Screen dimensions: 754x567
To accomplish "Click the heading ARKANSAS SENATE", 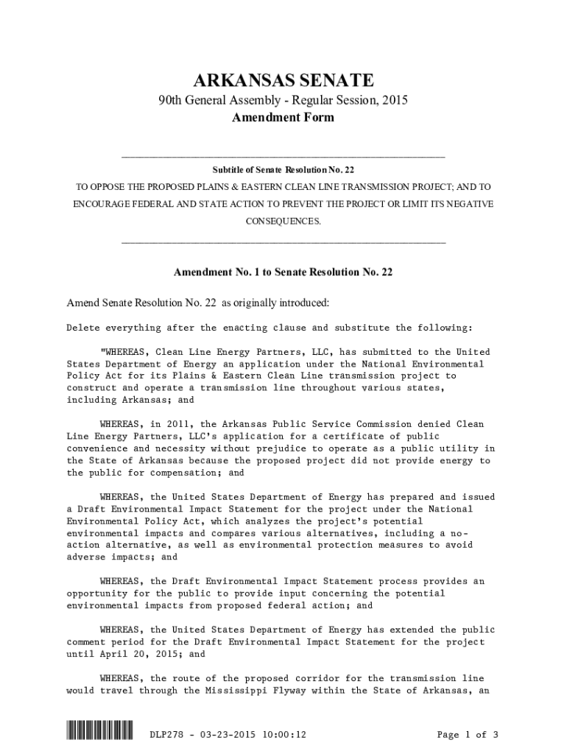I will (283, 80).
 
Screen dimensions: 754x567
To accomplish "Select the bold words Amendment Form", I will (283, 118).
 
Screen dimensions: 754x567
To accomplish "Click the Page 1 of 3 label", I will (468, 734).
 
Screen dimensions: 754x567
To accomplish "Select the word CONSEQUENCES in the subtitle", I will (283, 221).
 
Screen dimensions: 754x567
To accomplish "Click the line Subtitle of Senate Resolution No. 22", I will (283, 170).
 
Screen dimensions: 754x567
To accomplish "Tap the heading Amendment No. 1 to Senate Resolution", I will (283, 272).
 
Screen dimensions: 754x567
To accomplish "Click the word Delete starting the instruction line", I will (83, 328).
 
